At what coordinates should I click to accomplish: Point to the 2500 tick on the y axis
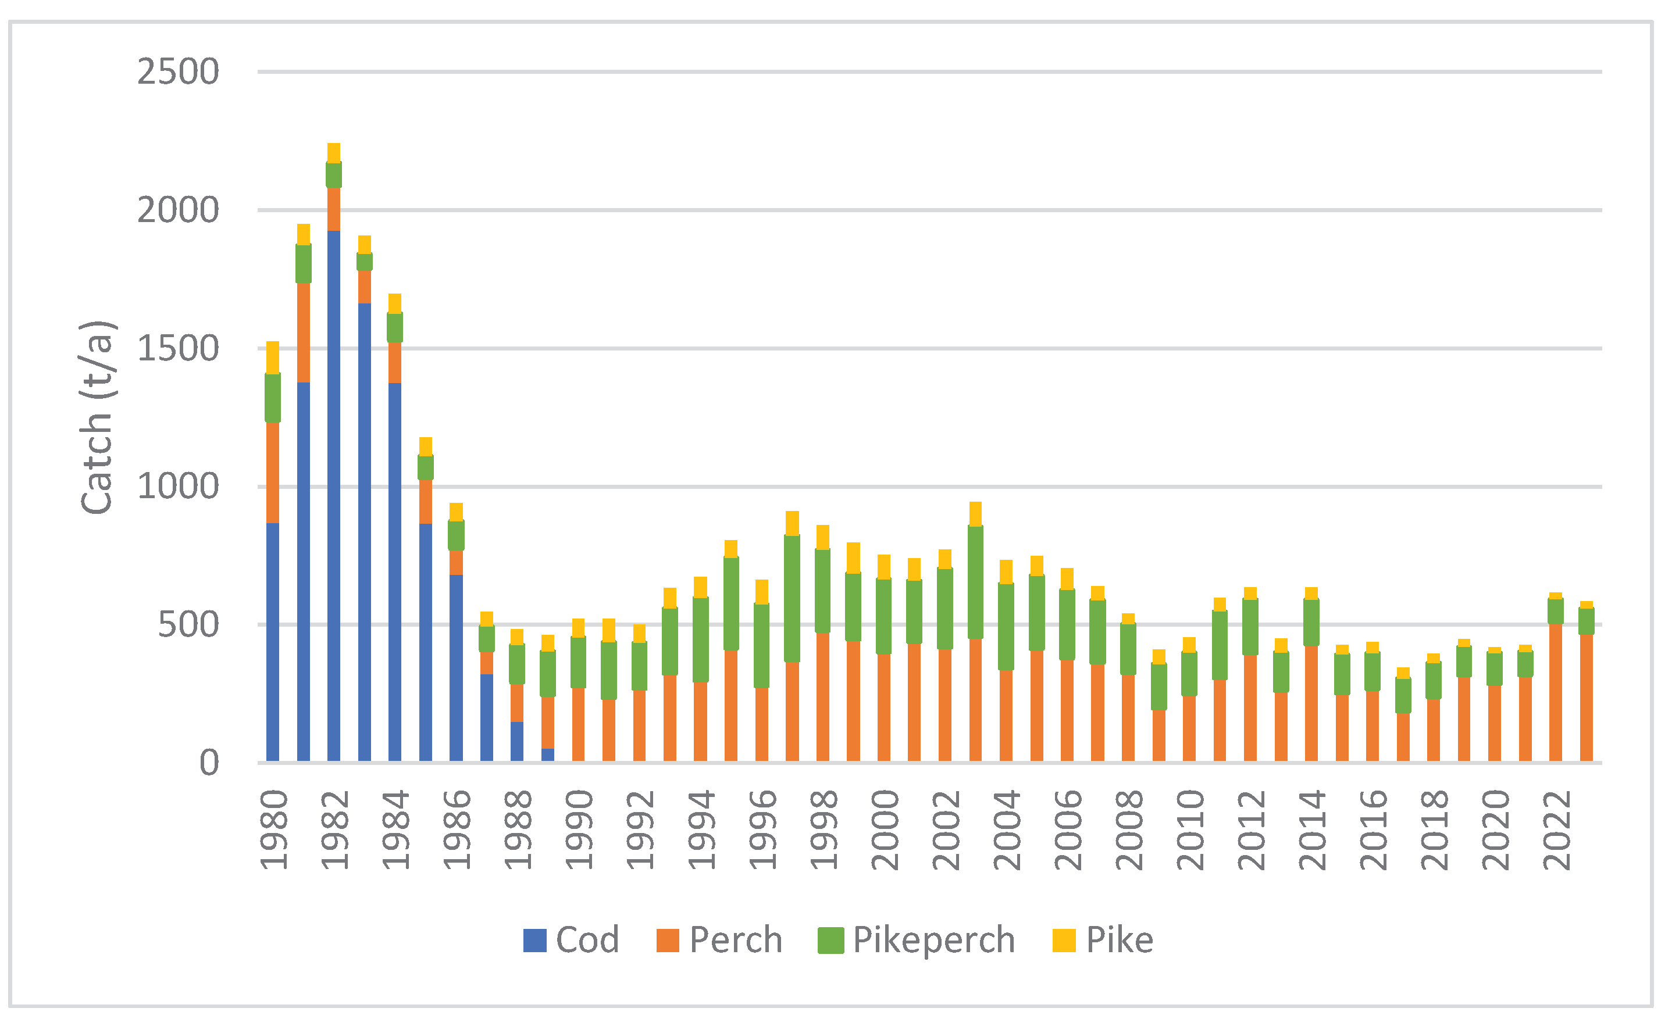click(x=179, y=72)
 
